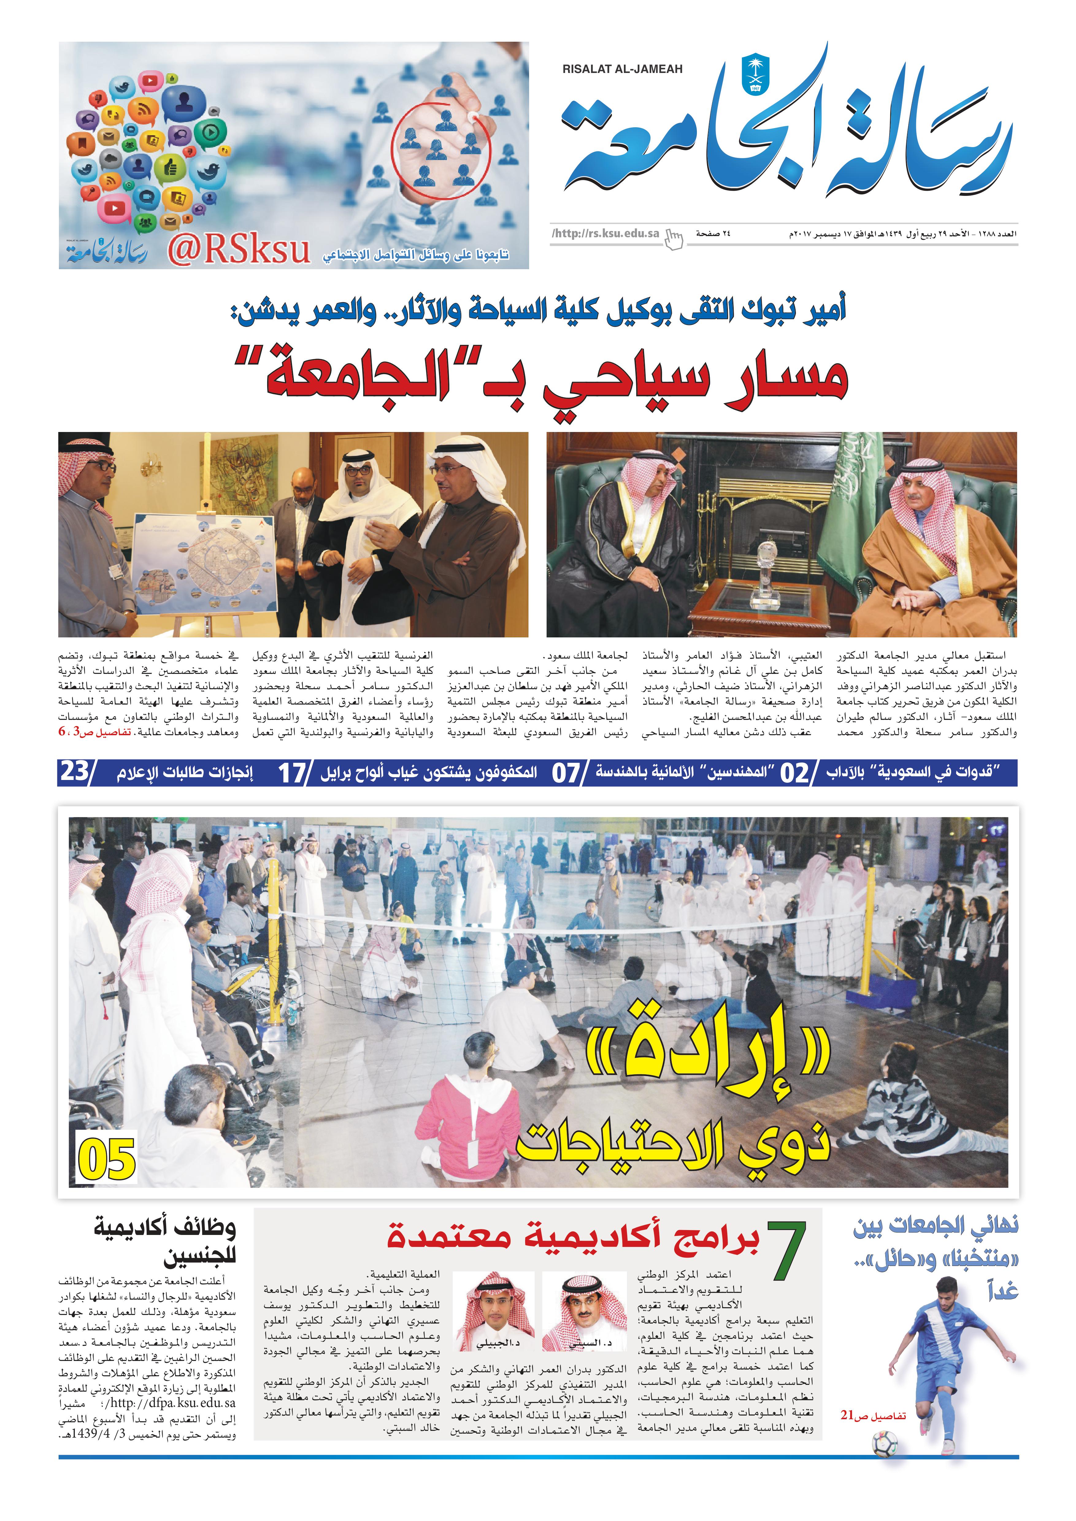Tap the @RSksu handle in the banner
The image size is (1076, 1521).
click(x=239, y=250)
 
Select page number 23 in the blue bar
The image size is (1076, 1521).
click(x=76, y=772)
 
